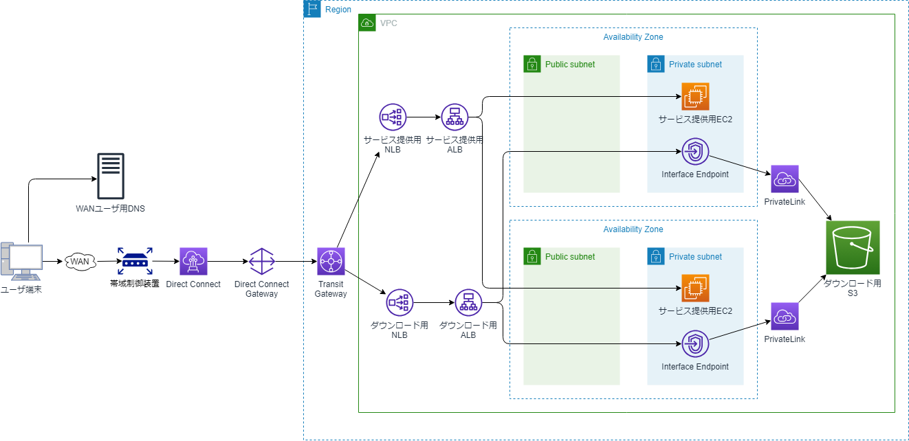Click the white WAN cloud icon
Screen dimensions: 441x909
tap(80, 262)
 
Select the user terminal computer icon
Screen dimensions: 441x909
tap(21, 262)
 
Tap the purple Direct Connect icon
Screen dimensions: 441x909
tap(193, 261)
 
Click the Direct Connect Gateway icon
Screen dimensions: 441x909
tap(261, 261)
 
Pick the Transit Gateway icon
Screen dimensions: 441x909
tap(331, 261)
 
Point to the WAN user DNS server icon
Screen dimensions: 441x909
tap(111, 175)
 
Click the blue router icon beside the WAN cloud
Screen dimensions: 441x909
tap(135, 262)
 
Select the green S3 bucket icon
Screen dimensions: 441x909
tap(853, 247)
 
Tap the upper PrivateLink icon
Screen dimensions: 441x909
tap(785, 179)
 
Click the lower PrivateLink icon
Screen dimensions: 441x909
tap(785, 316)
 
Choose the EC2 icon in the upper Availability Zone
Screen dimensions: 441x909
tap(695, 96)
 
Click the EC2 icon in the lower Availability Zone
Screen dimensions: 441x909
tap(695, 289)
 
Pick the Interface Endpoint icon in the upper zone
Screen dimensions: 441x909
tap(695, 151)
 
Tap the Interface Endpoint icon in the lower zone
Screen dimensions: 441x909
tap(695, 343)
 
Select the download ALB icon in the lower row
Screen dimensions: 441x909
tap(468, 302)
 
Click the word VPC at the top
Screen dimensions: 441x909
tap(388, 23)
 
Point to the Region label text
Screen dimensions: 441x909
tap(338, 10)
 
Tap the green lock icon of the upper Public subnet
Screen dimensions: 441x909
tap(531, 65)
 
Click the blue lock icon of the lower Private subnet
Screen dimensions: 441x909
tap(655, 257)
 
